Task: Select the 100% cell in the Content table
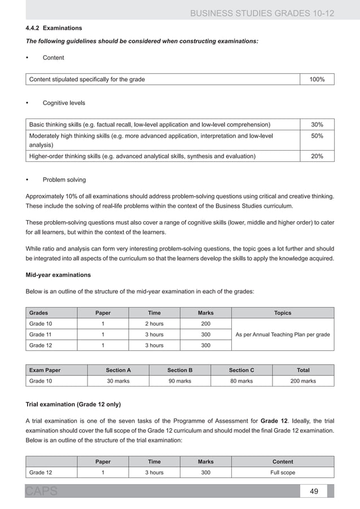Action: (x=316, y=80)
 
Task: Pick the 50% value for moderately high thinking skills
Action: (x=316, y=137)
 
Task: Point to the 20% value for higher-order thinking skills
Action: (x=316, y=156)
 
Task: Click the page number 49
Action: (x=314, y=491)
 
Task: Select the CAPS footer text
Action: (x=41, y=492)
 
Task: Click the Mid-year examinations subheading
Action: (x=56, y=275)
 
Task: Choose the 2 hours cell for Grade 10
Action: (x=154, y=324)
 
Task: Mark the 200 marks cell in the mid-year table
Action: (x=205, y=324)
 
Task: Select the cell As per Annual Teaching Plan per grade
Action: (x=282, y=335)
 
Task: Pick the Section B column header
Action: (x=179, y=370)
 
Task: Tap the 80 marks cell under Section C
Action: (x=241, y=381)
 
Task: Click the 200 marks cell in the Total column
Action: (x=302, y=381)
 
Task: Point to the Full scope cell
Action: (x=282, y=472)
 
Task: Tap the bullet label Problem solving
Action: (x=64, y=180)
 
